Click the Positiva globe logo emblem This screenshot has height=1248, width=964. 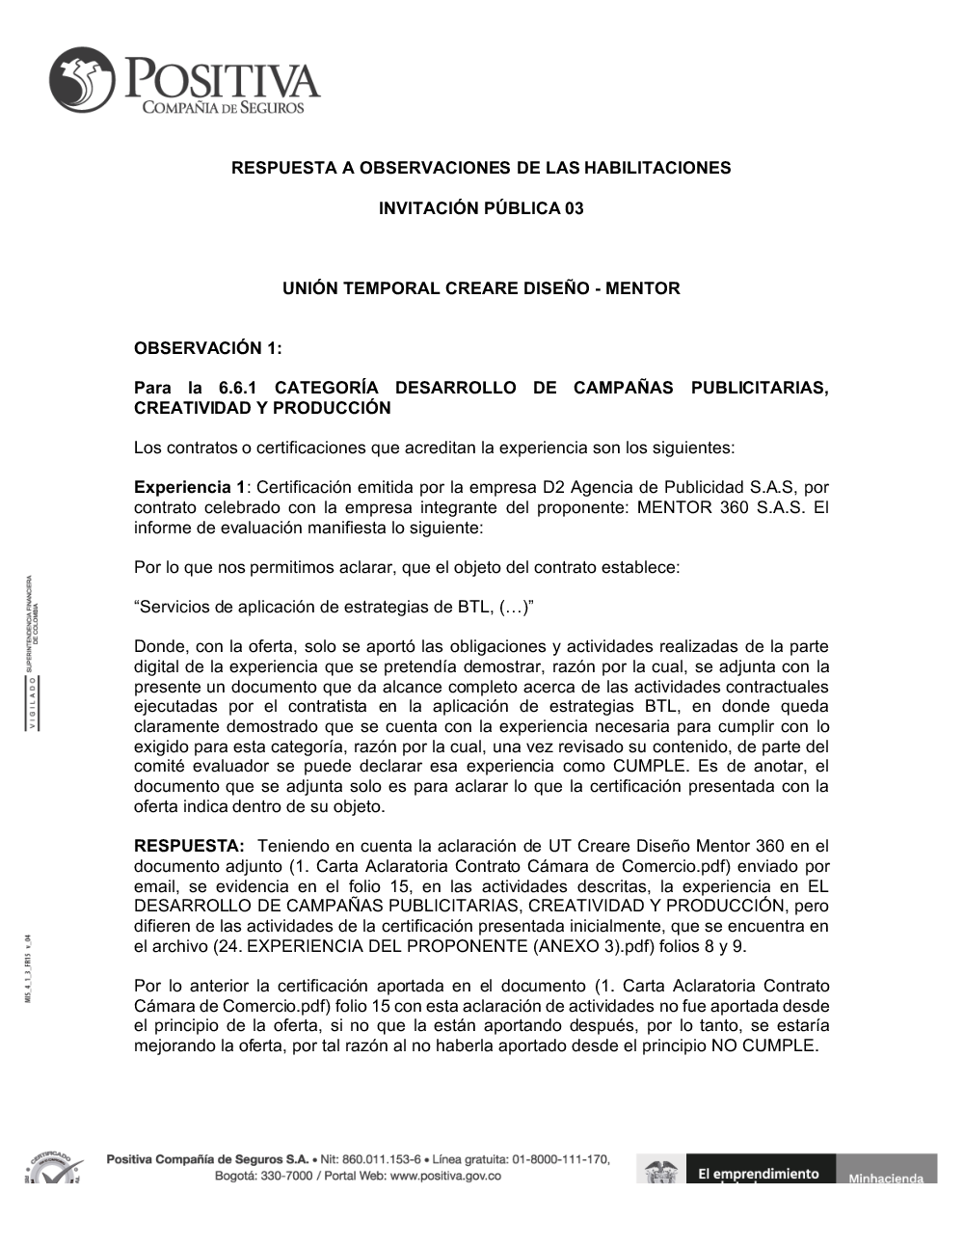(x=82, y=81)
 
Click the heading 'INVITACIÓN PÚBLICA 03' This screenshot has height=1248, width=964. (x=481, y=208)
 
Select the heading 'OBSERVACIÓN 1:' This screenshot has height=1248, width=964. (x=207, y=347)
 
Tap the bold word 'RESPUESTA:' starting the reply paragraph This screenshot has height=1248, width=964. (x=189, y=846)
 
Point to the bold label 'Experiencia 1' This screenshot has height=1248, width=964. (x=189, y=487)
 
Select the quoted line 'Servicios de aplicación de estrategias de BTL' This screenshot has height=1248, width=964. (x=334, y=607)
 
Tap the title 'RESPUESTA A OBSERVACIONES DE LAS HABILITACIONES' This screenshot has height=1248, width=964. (x=481, y=168)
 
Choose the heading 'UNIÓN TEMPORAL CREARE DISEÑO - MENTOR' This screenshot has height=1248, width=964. (x=481, y=288)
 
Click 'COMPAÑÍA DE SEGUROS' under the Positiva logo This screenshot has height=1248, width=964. (x=223, y=107)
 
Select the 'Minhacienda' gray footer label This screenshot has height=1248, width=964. (x=886, y=1177)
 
